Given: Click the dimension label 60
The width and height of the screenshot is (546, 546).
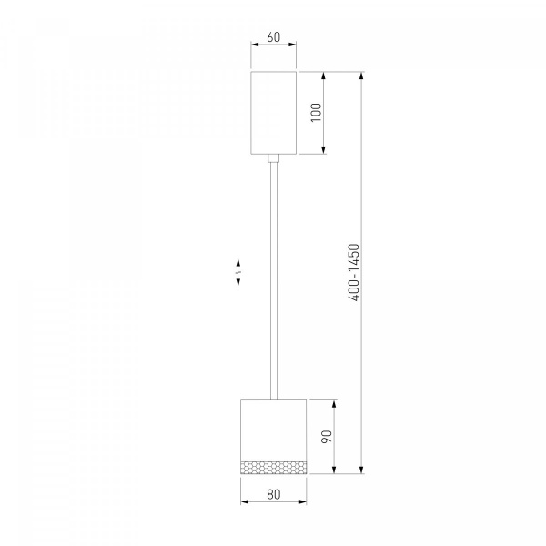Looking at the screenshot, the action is pyautogui.click(x=273, y=37).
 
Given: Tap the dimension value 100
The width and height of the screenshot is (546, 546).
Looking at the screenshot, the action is pyautogui.click(x=316, y=112).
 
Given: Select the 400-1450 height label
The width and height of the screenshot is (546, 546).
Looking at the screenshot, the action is pyautogui.click(x=353, y=272).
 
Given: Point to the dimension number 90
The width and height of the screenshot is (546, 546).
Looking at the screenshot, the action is pyautogui.click(x=327, y=437).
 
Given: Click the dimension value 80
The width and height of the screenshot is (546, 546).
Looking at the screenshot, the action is pyautogui.click(x=273, y=494).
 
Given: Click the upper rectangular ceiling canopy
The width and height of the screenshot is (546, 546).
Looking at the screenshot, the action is pyautogui.click(x=273, y=113).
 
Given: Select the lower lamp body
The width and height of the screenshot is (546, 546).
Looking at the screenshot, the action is pyautogui.click(x=273, y=437).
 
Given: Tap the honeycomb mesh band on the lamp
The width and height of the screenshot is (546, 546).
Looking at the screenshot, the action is pyautogui.click(x=273, y=468).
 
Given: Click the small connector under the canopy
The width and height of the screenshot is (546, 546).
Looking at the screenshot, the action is pyautogui.click(x=273, y=158).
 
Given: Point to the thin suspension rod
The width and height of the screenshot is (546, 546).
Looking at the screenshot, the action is pyautogui.click(x=274, y=281).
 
